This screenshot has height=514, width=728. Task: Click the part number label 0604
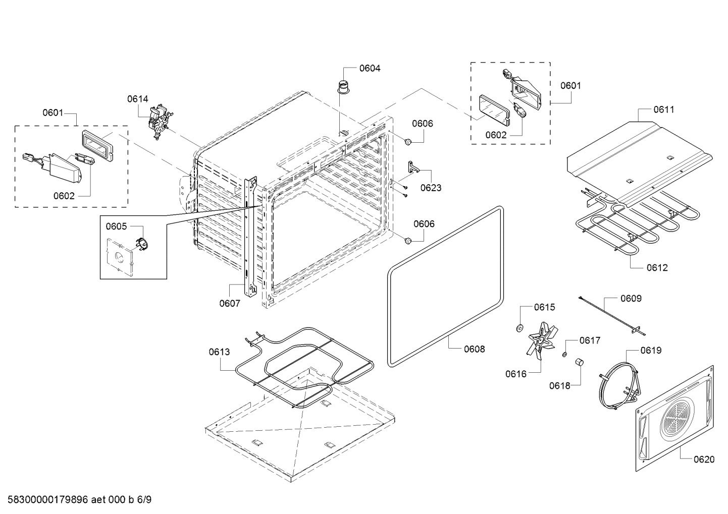(370, 68)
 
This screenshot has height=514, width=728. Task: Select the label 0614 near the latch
(137, 99)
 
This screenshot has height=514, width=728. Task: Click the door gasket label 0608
(474, 349)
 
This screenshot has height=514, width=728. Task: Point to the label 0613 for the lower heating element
(219, 352)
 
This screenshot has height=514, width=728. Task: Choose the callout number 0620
(704, 459)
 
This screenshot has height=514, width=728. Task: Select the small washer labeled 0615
(518, 329)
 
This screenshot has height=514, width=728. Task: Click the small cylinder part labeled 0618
(579, 362)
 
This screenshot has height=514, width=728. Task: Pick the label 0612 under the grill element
(657, 267)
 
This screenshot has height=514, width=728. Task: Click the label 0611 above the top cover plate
(663, 109)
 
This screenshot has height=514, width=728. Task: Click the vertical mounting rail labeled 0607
(249, 237)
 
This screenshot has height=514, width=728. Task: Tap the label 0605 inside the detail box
(116, 226)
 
